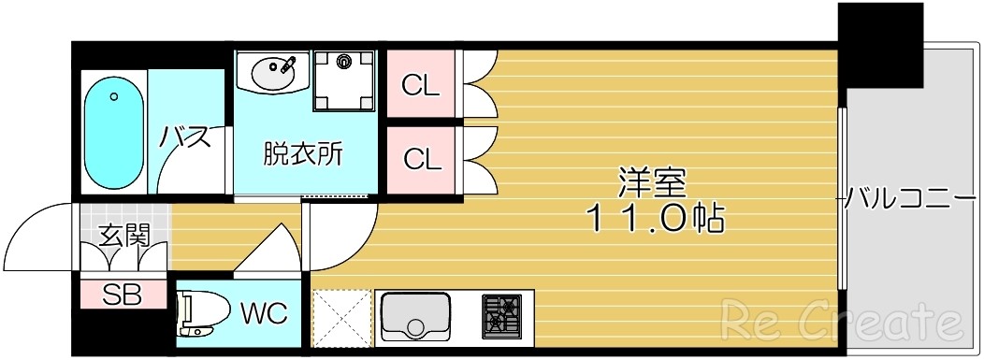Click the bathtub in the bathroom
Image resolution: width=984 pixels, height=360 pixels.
(115, 132)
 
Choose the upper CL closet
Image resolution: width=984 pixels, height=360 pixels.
(421, 85)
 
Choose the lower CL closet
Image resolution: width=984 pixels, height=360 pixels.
(421, 159)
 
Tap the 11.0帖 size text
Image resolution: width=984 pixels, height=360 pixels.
(654, 219)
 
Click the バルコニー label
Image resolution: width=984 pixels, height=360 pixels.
(905, 198)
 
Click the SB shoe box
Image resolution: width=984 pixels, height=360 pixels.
(123, 295)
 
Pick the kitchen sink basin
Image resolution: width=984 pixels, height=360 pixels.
(416, 315)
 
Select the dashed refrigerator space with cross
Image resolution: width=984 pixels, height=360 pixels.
(340, 318)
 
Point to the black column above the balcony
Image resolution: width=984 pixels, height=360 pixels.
(879, 42)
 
